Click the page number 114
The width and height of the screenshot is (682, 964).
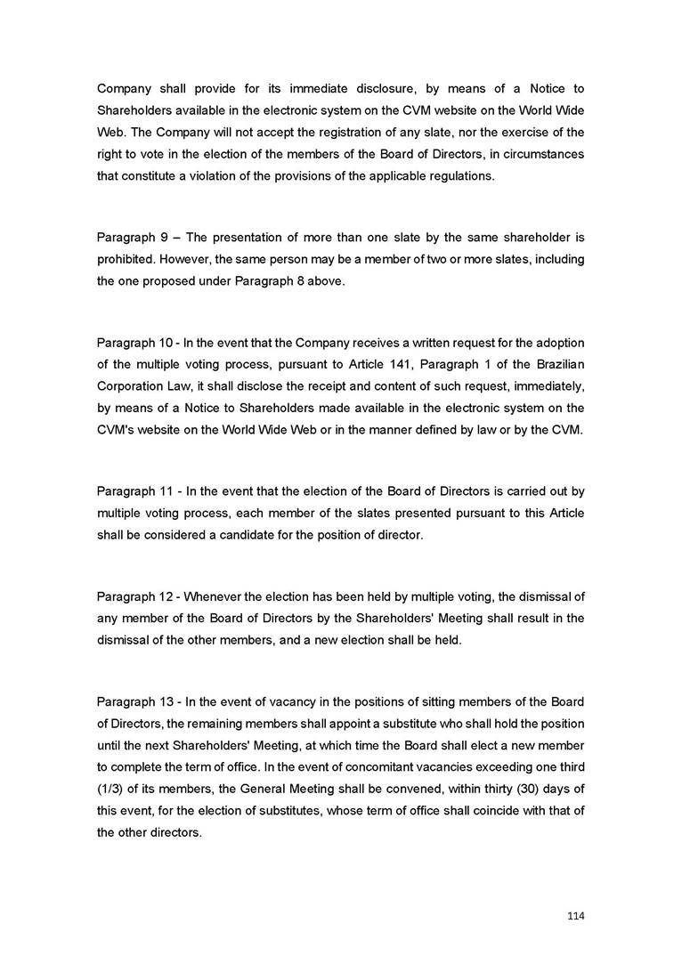pyautogui.click(x=576, y=915)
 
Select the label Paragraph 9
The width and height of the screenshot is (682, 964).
pyautogui.click(x=132, y=238)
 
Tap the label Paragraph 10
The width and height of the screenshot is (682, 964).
pyautogui.click(x=134, y=344)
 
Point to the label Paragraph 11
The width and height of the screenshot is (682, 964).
pyautogui.click(x=134, y=491)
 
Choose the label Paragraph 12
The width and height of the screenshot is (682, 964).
pyautogui.click(x=134, y=596)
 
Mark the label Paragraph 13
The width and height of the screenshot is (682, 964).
pyautogui.click(x=134, y=702)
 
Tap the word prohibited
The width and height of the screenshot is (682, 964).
pyautogui.click(x=125, y=259)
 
